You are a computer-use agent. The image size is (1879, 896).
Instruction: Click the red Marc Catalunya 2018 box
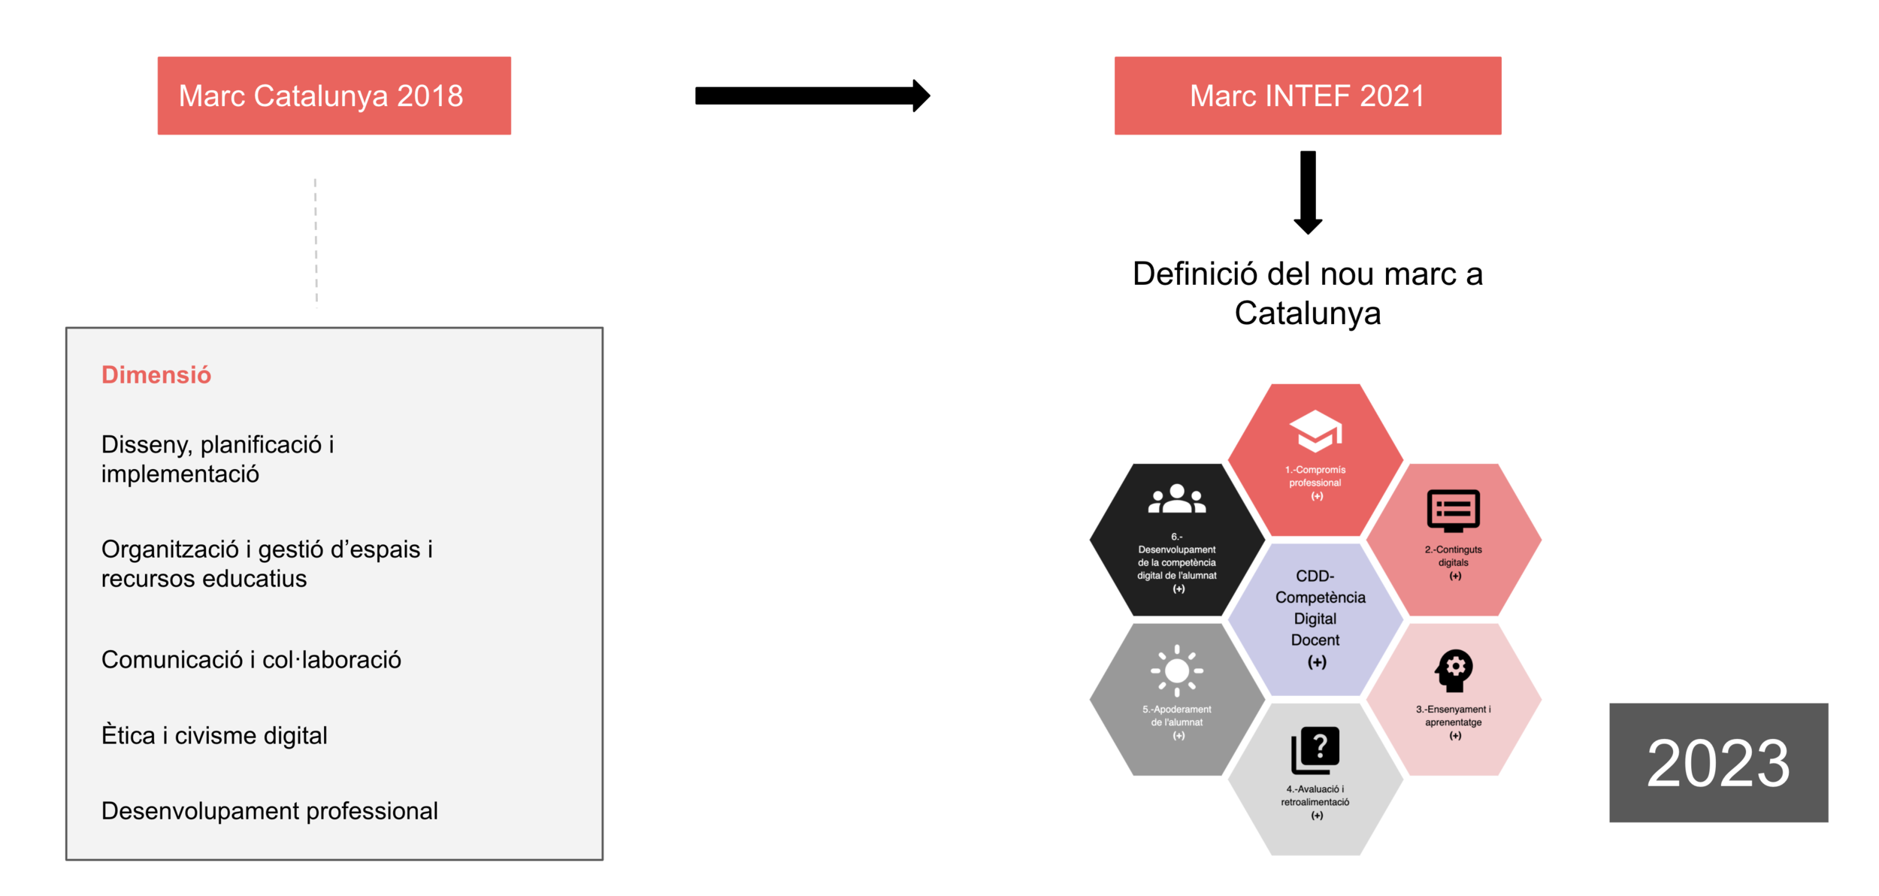pyautogui.click(x=334, y=95)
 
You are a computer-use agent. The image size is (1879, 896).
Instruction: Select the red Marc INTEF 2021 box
pyautogui.click(x=1307, y=95)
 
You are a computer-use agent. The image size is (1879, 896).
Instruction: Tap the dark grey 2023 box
pyautogui.click(x=1717, y=762)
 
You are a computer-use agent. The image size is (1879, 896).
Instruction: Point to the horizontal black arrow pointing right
pyautogui.click(x=812, y=95)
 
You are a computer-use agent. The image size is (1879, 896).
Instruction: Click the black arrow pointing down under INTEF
pyautogui.click(x=1308, y=192)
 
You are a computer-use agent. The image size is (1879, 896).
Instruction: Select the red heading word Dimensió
pyautogui.click(x=156, y=374)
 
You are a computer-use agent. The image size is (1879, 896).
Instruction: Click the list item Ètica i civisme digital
pyautogui.click(x=214, y=735)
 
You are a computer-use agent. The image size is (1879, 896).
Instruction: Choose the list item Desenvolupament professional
pyautogui.click(x=269, y=811)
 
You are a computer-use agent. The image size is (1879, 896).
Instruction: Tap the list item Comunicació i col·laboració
pyautogui.click(x=251, y=659)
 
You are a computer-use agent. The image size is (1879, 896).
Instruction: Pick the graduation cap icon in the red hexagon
pyautogui.click(x=1315, y=431)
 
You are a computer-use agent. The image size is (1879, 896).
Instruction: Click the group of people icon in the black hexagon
pyautogui.click(x=1177, y=499)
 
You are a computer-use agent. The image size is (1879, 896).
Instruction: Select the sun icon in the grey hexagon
pyautogui.click(x=1177, y=670)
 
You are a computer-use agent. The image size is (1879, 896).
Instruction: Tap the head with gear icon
pyautogui.click(x=1454, y=670)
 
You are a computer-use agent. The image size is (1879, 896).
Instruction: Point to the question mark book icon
pyautogui.click(x=1315, y=749)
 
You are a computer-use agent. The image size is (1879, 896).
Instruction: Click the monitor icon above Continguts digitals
pyautogui.click(x=1454, y=510)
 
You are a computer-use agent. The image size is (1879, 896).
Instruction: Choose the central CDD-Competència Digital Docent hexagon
pyautogui.click(x=1315, y=619)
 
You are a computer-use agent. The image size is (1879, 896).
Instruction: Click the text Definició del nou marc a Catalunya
pyautogui.click(x=1307, y=293)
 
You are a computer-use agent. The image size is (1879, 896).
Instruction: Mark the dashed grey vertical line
pyautogui.click(x=316, y=242)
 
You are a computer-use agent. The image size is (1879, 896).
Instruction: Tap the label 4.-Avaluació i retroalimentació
pyautogui.click(x=1315, y=795)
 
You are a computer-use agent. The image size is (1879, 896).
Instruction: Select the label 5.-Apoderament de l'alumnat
pyautogui.click(x=1177, y=716)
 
